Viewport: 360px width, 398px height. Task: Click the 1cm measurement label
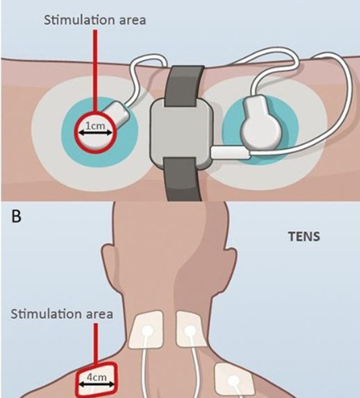coord(97,127)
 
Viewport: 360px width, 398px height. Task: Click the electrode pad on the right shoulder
coord(234,379)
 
